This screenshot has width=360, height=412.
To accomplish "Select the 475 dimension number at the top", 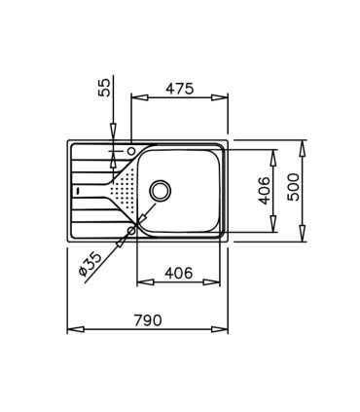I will pos(179,89).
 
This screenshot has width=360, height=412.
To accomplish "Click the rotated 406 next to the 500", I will pos(264,191).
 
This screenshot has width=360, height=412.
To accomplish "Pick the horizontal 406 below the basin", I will pos(177,273).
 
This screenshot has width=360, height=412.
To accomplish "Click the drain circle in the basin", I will pos(161,190).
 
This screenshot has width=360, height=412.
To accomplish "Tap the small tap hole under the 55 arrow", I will pos(130,151).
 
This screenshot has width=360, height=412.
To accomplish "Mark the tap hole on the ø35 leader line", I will pos(130,231).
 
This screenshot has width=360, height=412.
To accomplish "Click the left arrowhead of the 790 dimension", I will pos(71,329).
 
